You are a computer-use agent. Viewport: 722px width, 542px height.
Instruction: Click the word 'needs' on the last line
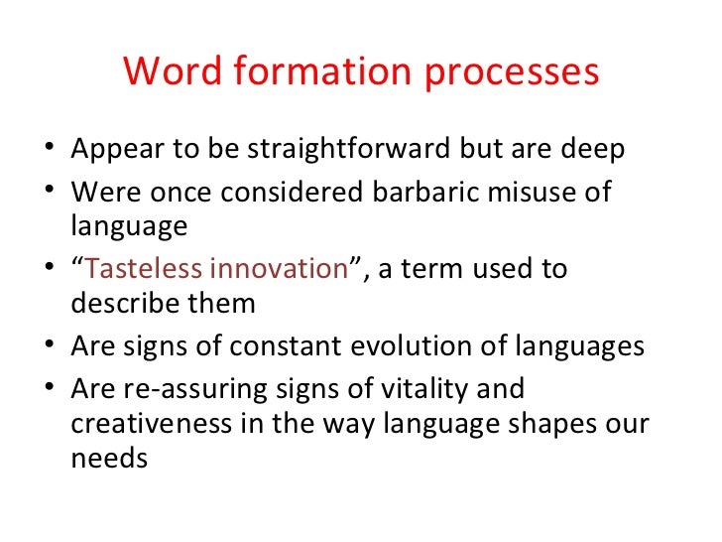pos(109,461)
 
